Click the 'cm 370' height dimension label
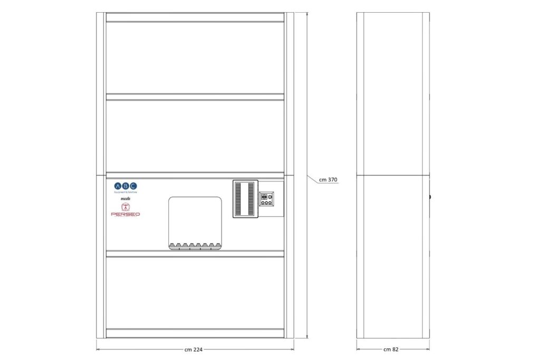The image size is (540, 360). (328, 180)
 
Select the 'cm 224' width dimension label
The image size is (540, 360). (194, 349)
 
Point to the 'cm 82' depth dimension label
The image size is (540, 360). (391, 349)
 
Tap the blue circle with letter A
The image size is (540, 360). (118, 186)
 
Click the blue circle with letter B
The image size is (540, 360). (126, 186)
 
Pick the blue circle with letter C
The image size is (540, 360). (133, 186)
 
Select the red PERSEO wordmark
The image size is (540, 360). (126, 214)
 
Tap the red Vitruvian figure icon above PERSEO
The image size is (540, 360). (126, 206)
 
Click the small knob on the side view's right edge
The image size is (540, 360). (430, 197)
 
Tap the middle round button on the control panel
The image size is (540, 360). (266, 202)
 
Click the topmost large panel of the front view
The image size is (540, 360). (195, 58)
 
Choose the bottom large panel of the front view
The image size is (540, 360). (195, 293)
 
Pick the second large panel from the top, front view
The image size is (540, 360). (195, 135)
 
